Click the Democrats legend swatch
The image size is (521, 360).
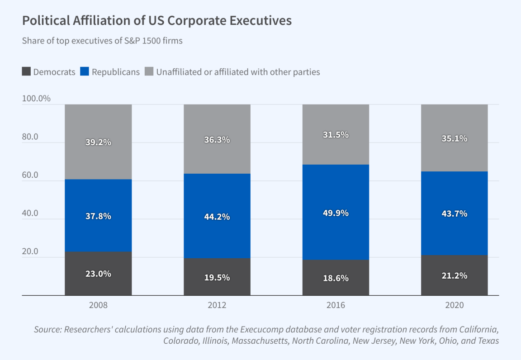point(26,71)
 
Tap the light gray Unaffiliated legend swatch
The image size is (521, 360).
point(149,71)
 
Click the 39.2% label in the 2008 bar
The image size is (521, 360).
point(98,142)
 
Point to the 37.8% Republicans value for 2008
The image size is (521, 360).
point(98,216)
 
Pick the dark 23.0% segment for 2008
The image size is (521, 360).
point(98,274)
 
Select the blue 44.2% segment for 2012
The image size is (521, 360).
point(217,216)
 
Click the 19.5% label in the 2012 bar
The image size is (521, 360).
point(217,277)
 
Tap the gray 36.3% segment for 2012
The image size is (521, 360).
point(217,140)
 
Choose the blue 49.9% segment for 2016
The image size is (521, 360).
point(336,213)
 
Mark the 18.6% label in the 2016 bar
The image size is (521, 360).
point(336,278)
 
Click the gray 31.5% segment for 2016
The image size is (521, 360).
point(336,135)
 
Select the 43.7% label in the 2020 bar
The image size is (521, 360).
point(455,213)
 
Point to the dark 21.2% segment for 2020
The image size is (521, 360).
point(455,275)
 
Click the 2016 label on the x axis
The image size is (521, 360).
point(336,305)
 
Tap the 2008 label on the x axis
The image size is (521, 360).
point(98,305)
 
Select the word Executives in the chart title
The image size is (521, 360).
point(261,21)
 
